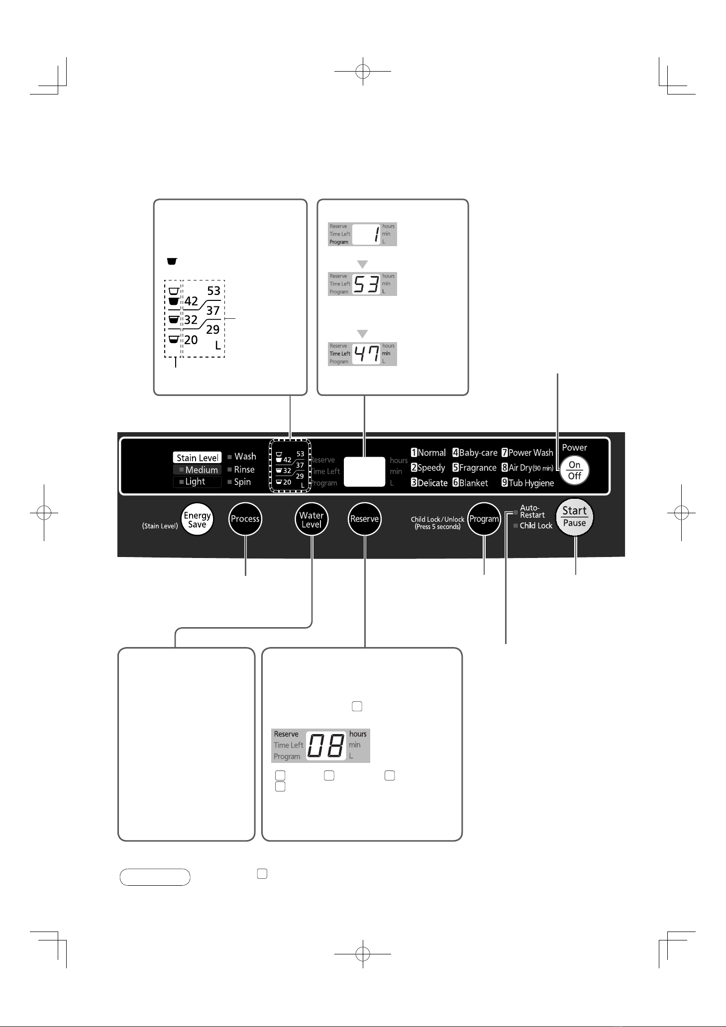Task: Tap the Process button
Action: pyautogui.click(x=245, y=519)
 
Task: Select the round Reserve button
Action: pyautogui.click(x=365, y=519)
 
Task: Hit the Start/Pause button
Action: pyautogui.click(x=575, y=517)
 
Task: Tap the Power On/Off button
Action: pyautogui.click(x=575, y=470)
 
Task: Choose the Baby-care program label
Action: pyautogui.click(x=475, y=453)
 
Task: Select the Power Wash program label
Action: pyautogui.click(x=527, y=453)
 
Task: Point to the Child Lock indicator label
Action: pyautogui.click(x=536, y=526)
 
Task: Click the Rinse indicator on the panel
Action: pyautogui.click(x=244, y=469)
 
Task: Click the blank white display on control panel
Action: pyautogui.click(x=365, y=471)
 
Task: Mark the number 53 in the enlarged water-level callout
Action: pyautogui.click(x=213, y=291)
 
